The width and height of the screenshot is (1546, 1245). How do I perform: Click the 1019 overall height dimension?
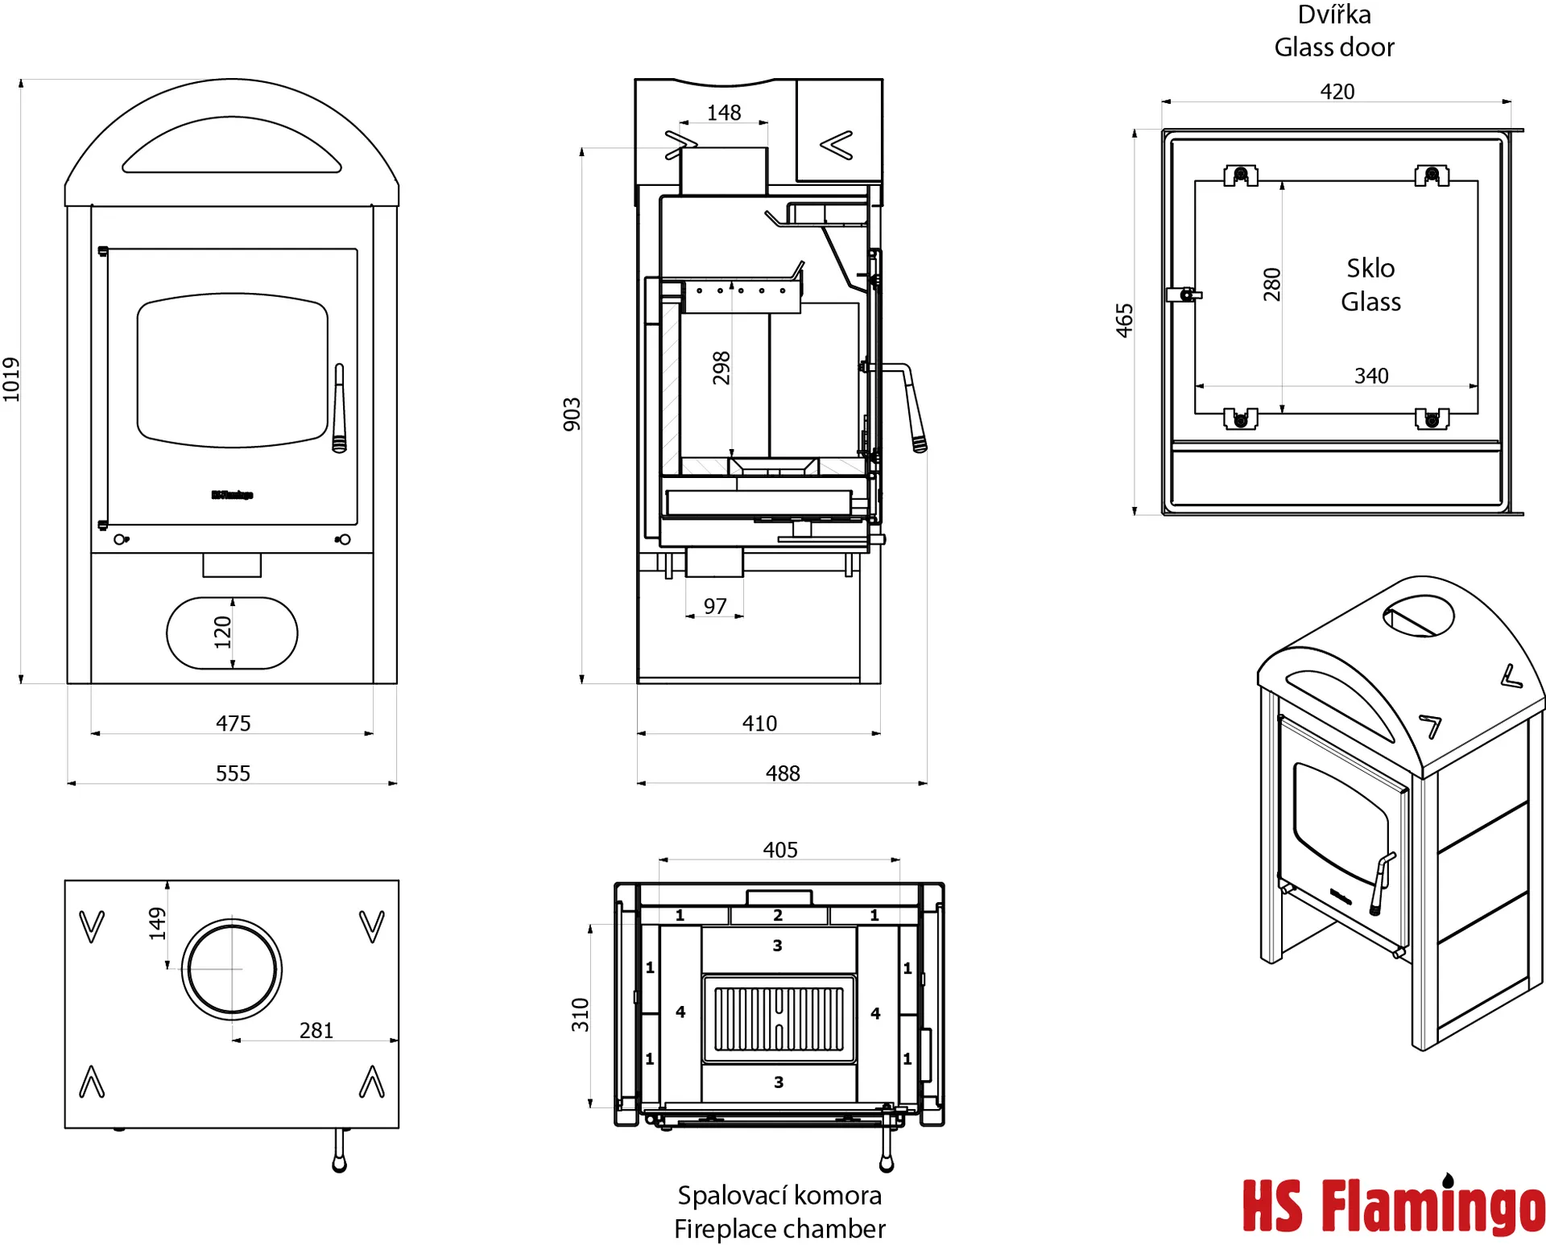(11, 379)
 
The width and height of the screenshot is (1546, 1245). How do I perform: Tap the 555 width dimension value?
(233, 773)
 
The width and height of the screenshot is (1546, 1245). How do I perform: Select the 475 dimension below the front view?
(233, 724)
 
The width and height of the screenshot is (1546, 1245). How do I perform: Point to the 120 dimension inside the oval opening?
(223, 633)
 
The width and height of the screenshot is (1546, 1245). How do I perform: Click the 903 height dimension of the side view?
(572, 414)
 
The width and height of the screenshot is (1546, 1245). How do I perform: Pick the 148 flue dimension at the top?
(724, 113)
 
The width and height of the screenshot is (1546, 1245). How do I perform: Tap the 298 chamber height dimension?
(721, 368)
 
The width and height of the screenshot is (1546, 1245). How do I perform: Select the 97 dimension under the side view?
(715, 606)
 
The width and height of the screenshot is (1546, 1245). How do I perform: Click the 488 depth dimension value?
(783, 773)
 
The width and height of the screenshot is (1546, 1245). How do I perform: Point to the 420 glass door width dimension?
(1337, 92)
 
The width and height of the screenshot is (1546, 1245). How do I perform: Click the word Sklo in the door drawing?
(1370, 268)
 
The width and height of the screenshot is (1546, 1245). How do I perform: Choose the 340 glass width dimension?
(1371, 376)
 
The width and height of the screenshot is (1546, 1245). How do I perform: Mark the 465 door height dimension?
(1125, 320)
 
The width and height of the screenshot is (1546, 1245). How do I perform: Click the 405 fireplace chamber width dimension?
(780, 850)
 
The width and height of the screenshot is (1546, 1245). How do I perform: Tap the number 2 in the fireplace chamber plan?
(778, 915)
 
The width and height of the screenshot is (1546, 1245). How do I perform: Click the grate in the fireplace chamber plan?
(779, 1020)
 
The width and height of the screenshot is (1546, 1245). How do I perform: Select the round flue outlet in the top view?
(232, 969)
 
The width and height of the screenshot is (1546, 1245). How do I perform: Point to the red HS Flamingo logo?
(1393, 1206)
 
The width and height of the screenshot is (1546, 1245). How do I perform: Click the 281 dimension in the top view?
(316, 1030)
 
